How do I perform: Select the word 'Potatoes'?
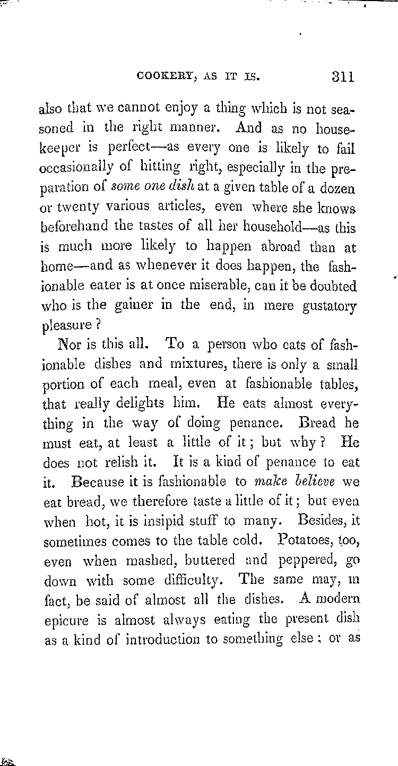click(x=305, y=540)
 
